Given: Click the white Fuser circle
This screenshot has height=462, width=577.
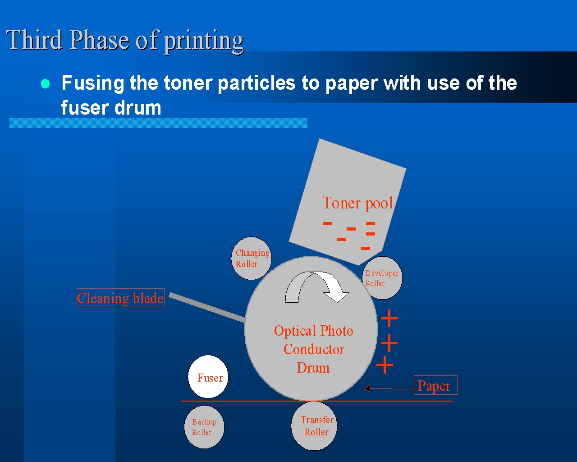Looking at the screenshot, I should click(x=208, y=377).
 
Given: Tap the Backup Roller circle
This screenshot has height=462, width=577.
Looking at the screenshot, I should click(x=204, y=427).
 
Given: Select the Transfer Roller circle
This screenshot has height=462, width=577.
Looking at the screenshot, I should click(x=314, y=426).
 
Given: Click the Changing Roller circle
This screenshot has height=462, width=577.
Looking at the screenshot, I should click(x=252, y=258).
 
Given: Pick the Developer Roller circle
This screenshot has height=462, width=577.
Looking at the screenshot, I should click(x=382, y=278).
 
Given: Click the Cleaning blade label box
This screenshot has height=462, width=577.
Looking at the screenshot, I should click(x=120, y=298).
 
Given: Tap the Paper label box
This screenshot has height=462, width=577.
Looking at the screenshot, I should click(x=435, y=385).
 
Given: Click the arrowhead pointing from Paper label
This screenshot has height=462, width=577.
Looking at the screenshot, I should click(x=367, y=388).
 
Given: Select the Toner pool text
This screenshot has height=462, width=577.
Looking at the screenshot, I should click(x=357, y=203).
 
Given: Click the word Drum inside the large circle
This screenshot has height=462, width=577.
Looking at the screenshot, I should click(x=313, y=368).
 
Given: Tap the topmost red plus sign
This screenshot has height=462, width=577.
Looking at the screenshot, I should click(x=389, y=319).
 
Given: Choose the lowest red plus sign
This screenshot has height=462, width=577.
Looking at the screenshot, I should click(x=385, y=365).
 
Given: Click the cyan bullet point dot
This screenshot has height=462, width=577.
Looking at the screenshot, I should click(x=45, y=84).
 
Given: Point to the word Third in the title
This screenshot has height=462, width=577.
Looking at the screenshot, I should click(x=34, y=40).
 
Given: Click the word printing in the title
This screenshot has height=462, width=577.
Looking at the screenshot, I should click(x=204, y=41).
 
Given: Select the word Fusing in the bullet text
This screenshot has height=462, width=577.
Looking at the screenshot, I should click(x=92, y=83).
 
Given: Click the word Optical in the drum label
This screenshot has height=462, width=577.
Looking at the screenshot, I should click(x=295, y=331).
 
